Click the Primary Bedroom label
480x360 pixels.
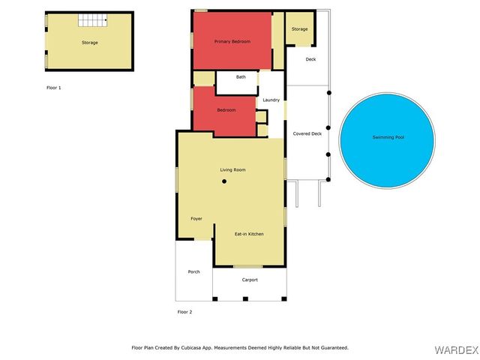coord(231,41)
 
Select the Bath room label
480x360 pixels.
coord(241,76)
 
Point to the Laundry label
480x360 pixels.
coord(271,100)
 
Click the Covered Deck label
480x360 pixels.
coord(307,133)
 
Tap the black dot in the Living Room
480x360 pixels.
coord(224,181)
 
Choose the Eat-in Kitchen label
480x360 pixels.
coord(249,234)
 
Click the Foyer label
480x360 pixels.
coord(196,218)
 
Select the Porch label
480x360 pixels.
coord(193,271)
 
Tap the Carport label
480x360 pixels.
coord(250,280)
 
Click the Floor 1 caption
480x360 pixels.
coord(54,88)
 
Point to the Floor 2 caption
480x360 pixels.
coord(184,311)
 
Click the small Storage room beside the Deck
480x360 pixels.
coord(299,29)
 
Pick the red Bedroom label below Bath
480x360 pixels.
coord(226,110)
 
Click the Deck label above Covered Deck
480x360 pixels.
coord(310,58)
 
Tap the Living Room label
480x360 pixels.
coord(232,169)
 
